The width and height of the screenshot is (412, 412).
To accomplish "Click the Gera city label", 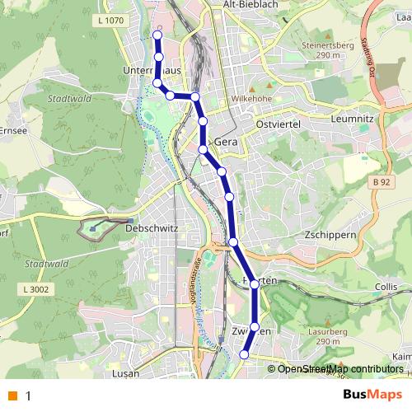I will (226, 142).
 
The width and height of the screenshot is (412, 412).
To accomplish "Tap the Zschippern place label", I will (329, 234).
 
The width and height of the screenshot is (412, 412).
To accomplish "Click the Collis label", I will (386, 286).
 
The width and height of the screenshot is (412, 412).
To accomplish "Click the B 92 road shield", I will (380, 181).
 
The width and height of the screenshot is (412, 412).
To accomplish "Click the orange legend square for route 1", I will (12, 396).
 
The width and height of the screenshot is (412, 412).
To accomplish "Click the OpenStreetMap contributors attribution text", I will (340, 369).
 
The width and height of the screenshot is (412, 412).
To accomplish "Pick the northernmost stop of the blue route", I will (157, 35).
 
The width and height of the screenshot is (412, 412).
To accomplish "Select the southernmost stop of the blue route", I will (244, 354).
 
